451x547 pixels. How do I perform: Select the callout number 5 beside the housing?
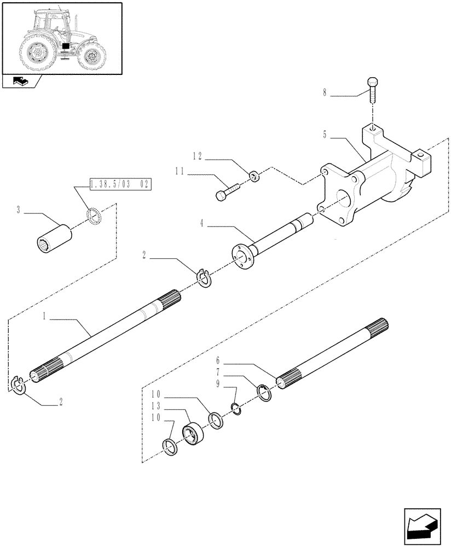pos(326,134)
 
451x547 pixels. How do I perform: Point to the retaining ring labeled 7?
pos(264,393)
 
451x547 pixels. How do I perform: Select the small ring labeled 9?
pos(236,409)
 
